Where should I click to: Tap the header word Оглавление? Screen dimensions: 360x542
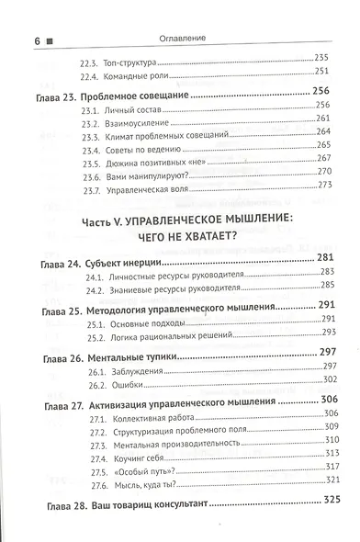coord(190,16)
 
